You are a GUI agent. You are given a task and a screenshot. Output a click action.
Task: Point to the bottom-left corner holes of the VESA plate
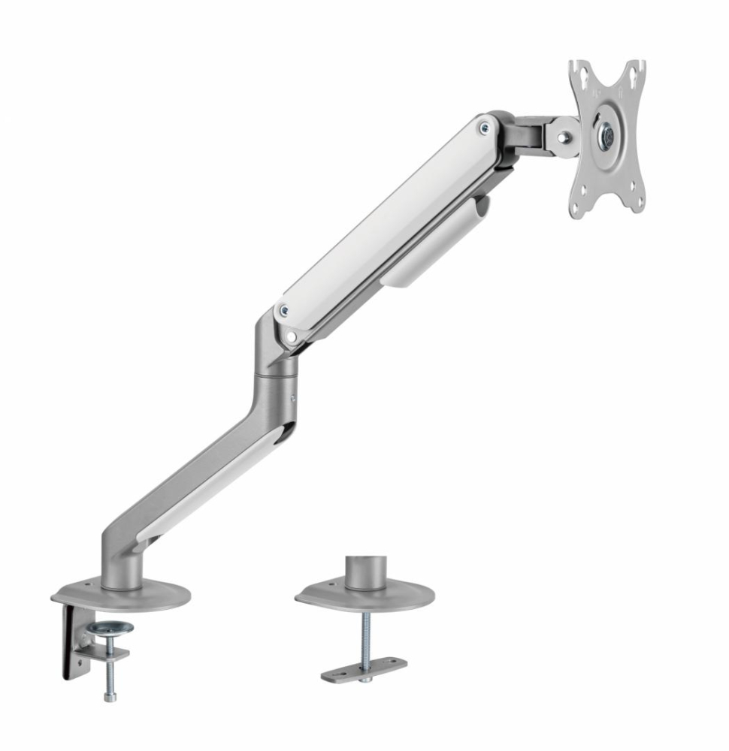(x=579, y=205)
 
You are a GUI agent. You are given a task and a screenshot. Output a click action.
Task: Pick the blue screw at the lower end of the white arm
(x=283, y=309)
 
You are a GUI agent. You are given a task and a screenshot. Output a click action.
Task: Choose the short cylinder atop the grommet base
(x=365, y=572)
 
